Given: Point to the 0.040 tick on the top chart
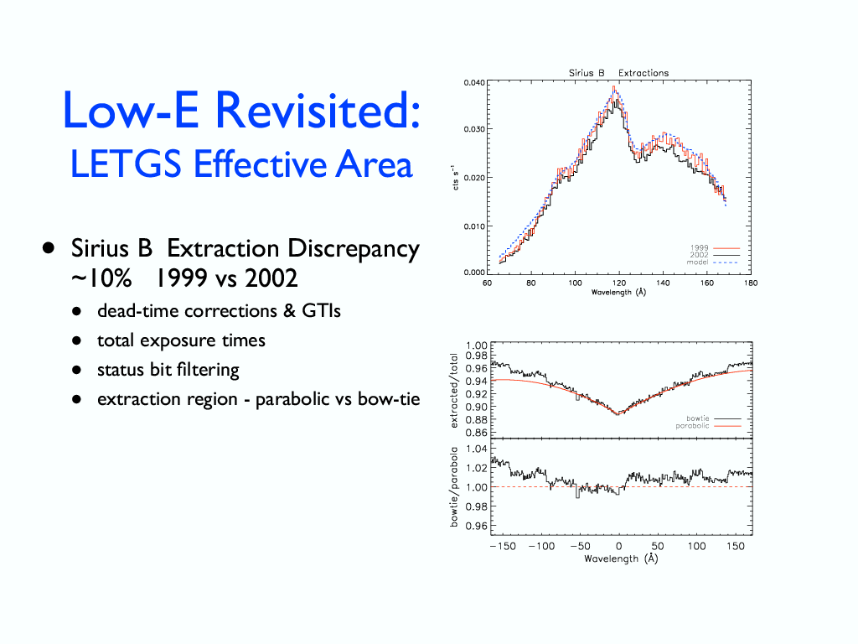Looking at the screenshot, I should click(x=473, y=82).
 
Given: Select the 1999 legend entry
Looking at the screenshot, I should click(x=699, y=247).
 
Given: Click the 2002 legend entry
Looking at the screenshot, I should click(x=699, y=254).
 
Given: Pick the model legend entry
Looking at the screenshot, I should click(x=698, y=262).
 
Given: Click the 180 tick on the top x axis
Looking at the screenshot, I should click(x=750, y=283).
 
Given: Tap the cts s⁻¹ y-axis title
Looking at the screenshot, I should click(x=454, y=178).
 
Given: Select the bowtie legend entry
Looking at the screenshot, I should click(x=698, y=418).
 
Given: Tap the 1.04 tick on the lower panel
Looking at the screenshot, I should click(x=475, y=449).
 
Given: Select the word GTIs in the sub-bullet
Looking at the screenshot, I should click(x=319, y=311).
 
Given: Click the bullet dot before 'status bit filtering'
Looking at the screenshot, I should click(x=76, y=370).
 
